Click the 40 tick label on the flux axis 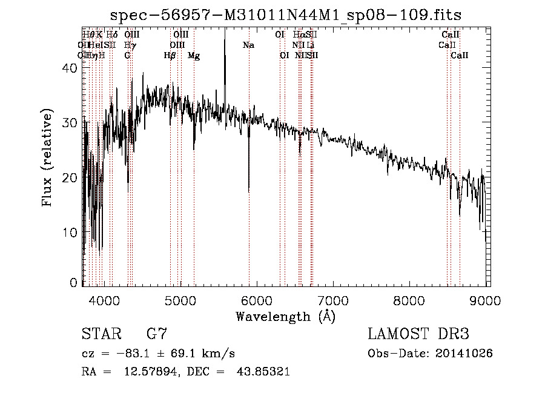(x=70, y=68)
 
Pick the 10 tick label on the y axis (x=70, y=233)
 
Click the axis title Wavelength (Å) (x=285, y=316)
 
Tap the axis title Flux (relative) (x=47, y=157)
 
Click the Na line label (x=248, y=45)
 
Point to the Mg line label (x=194, y=56)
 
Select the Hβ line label (x=170, y=56)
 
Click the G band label (x=127, y=56)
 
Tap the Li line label (x=311, y=45)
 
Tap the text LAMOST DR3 (x=418, y=334)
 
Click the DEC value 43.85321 (x=262, y=372)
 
